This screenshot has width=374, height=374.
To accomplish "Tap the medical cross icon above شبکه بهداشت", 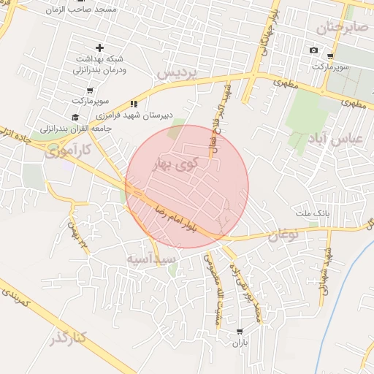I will pyautogui.click(x=99, y=47).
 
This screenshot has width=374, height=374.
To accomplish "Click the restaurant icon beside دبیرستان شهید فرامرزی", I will pyautogui.click(x=134, y=104).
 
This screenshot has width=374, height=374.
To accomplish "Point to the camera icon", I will pyautogui.click(x=313, y=50).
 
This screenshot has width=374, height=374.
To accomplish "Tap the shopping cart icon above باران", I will pyautogui.click(x=240, y=332).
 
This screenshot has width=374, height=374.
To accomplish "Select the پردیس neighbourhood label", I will pyautogui.click(x=178, y=74).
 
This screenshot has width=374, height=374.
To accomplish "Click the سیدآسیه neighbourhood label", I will pyautogui.click(x=150, y=259).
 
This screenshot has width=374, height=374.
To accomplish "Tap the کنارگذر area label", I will pyautogui.click(x=69, y=337).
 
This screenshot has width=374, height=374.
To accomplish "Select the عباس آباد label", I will pyautogui.click(x=346, y=139).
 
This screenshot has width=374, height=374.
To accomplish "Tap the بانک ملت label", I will pyautogui.click(x=313, y=213).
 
